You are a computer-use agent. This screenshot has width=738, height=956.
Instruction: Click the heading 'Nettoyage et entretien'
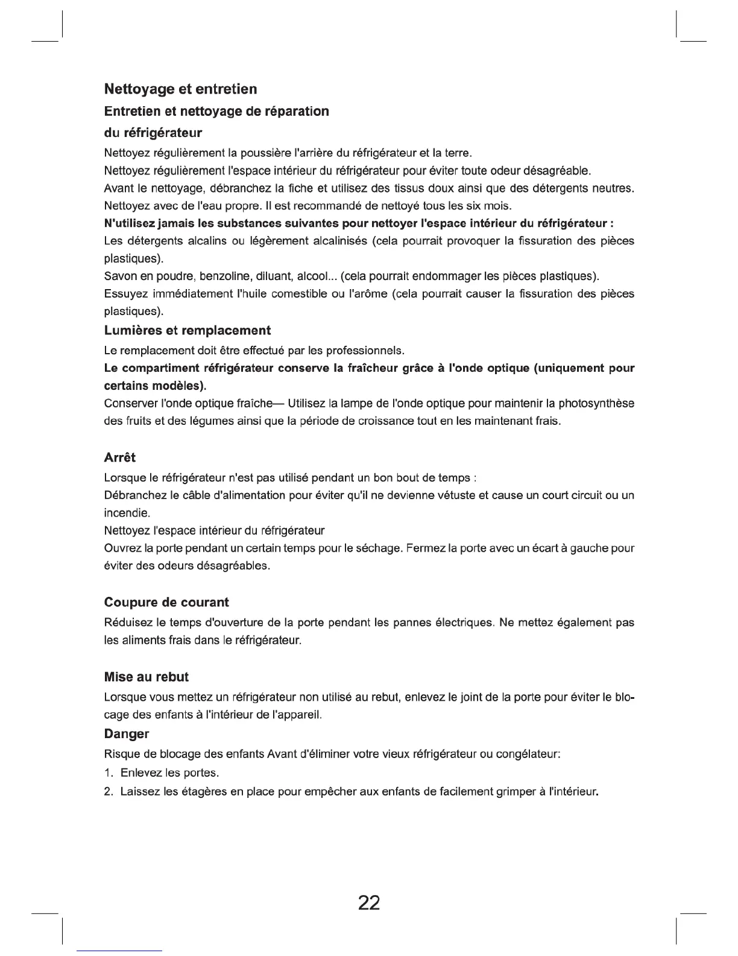[180, 89]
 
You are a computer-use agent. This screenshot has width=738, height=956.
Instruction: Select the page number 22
[369, 903]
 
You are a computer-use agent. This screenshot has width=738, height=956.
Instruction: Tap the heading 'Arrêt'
[120, 457]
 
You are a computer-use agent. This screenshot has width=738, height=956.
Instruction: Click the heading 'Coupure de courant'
[166, 602]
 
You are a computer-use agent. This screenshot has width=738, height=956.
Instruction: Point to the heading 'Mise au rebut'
[147, 677]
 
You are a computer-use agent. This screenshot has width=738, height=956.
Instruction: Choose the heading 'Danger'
[127, 734]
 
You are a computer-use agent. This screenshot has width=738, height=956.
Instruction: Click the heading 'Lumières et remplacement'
[188, 331]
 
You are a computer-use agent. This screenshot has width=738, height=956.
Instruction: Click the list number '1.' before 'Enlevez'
[109, 773]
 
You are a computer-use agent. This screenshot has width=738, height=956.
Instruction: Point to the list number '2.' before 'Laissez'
[109, 791]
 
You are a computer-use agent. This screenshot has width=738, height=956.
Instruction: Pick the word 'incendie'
[126, 513]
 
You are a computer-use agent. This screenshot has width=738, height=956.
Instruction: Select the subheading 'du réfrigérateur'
[153, 132]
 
